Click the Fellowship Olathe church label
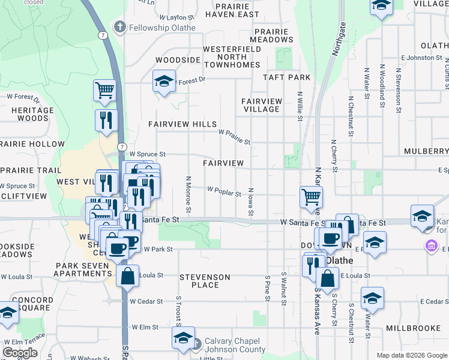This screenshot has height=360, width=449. (x=155, y=28)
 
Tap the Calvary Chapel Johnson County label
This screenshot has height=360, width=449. (x=235, y=345)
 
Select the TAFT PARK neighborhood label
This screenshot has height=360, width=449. (x=287, y=77)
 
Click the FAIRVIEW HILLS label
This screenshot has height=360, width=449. (x=183, y=124)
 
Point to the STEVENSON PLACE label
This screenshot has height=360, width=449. (x=205, y=281)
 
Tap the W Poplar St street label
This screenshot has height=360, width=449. (x=224, y=191)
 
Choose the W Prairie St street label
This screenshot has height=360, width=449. (x=234, y=136)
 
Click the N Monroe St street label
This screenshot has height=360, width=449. (x=188, y=194)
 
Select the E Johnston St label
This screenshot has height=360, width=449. (x=421, y=58)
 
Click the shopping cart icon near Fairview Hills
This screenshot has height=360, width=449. (x=104, y=90)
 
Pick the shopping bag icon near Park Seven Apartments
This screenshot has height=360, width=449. (x=128, y=277)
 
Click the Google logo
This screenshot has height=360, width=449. (x=20, y=353)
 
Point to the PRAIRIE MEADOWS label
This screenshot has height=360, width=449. (x=273, y=35)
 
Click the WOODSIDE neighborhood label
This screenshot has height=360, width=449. (x=177, y=61)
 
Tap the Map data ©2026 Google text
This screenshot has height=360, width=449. (x=412, y=355)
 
